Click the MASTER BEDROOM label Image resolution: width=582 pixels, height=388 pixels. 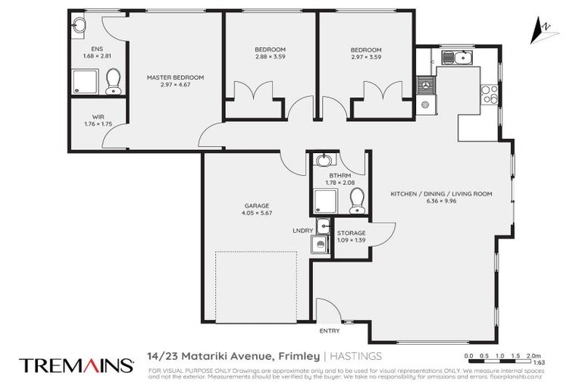[x=175, y=77]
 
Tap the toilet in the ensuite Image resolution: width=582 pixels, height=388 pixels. [x=114, y=81]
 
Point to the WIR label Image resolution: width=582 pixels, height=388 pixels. [x=88, y=117]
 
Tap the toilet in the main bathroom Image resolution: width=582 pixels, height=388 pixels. [x=355, y=201]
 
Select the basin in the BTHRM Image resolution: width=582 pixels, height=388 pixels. [x=324, y=161]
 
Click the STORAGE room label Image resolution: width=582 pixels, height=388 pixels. [x=351, y=233]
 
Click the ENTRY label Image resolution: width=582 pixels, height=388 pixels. [x=330, y=330]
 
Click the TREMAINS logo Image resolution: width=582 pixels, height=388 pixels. [x=76, y=365]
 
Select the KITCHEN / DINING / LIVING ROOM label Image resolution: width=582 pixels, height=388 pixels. [x=441, y=194]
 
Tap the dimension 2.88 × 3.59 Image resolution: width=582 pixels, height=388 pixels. [x=271, y=58]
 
